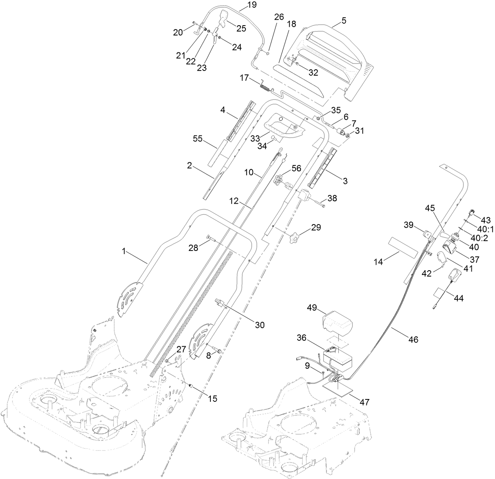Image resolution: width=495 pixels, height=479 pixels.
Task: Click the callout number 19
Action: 251,5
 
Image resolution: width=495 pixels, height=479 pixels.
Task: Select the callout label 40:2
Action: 479,238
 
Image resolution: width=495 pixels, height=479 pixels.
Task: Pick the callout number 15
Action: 212,398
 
